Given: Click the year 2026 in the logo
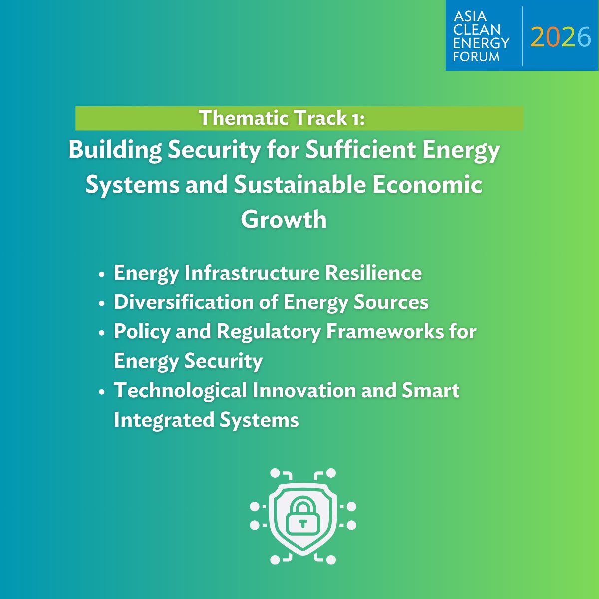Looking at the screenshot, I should [x=561, y=37].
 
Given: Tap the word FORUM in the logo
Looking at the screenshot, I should [x=476, y=56].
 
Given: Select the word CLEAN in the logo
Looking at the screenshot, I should [x=477, y=30].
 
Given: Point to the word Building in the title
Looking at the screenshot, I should [x=115, y=150].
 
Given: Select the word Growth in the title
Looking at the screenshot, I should [x=284, y=219].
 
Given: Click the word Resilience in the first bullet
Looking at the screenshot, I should [x=373, y=273].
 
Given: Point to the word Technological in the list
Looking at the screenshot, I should [x=180, y=390].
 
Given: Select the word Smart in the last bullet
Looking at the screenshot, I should [x=431, y=390].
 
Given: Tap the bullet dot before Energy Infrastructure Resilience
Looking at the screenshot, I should [x=102, y=275].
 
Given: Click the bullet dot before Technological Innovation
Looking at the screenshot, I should [x=102, y=392].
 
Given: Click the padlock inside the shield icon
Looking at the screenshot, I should [x=302, y=519].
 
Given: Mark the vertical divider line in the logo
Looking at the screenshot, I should [x=522, y=36].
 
